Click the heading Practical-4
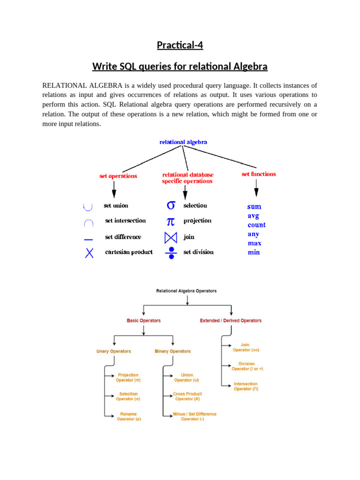(x=180, y=45)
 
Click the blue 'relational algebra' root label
(x=183, y=142)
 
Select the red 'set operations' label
(x=118, y=176)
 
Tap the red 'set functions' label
(x=259, y=174)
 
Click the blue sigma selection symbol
(x=171, y=205)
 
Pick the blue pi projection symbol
(x=171, y=220)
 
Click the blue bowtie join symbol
(x=171, y=237)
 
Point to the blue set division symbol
(x=171, y=252)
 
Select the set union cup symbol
(x=87, y=206)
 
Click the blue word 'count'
(x=256, y=225)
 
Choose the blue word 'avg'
(x=253, y=216)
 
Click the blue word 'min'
(x=254, y=252)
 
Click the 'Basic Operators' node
(x=143, y=321)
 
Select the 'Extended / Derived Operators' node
(x=231, y=321)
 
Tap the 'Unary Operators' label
(x=113, y=351)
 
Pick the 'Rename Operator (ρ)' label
(x=128, y=416)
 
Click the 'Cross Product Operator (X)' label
(x=187, y=397)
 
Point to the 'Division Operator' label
(x=247, y=366)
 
